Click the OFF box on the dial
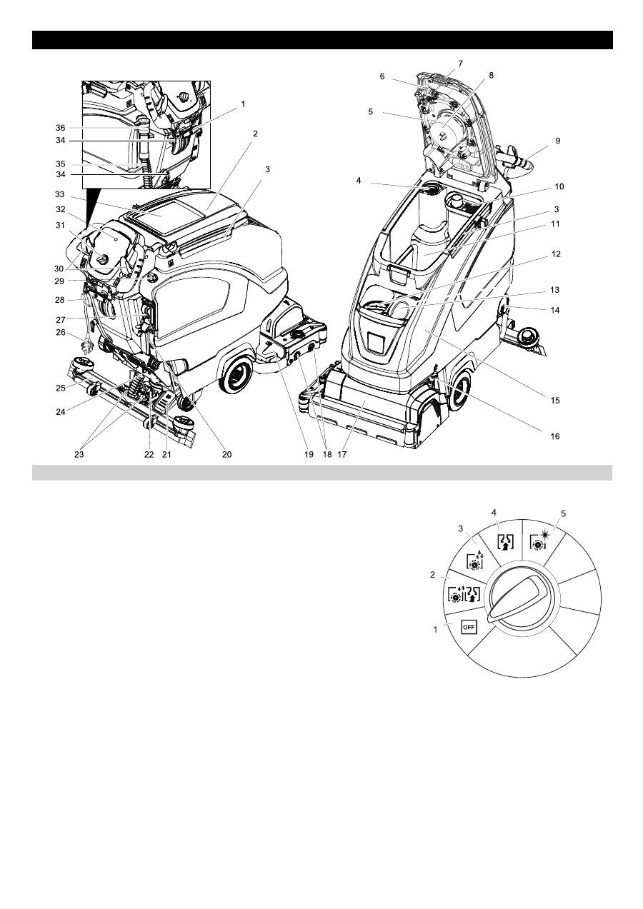pos(469,626)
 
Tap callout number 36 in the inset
pos(60,128)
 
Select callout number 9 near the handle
pos(557,141)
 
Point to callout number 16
pos(554,436)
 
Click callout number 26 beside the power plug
pos(60,332)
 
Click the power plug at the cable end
pos(88,347)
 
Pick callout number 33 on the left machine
pos(60,194)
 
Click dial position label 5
pos(563,513)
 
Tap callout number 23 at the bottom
pos(79,454)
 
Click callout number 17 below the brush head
pos(342,454)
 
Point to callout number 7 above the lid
pos(460,64)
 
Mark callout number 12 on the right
pos(556,254)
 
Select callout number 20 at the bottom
pos(226,454)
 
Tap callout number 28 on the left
pos(60,300)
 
